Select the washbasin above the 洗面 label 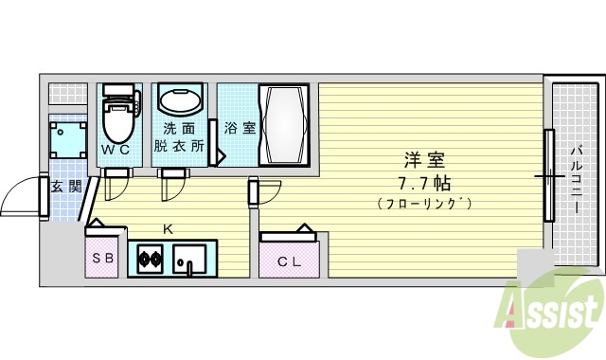(x=179, y=101)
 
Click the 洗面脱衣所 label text (x=178, y=137)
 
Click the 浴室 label (x=239, y=128)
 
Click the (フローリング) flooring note (x=423, y=203)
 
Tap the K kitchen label (x=168, y=228)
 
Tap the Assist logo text (x=553, y=309)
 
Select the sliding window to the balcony (x=548, y=176)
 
